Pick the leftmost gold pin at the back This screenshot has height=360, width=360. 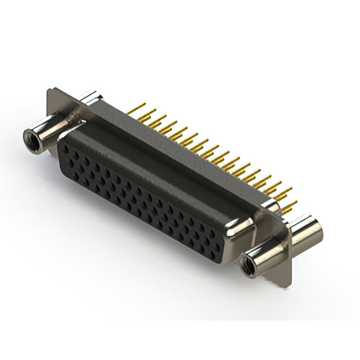click(x=139, y=107)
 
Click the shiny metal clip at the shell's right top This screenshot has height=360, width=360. click(x=270, y=206)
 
